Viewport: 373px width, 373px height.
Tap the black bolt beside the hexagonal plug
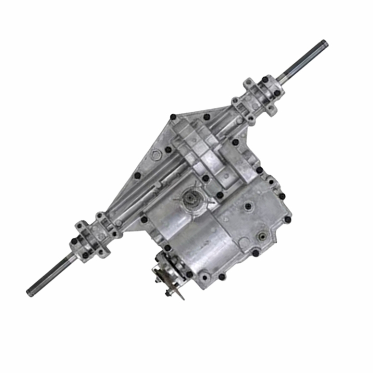coord(168,150)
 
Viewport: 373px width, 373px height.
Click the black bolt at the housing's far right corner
coord(288,220)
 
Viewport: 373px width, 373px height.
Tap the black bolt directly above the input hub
coord(206,178)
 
